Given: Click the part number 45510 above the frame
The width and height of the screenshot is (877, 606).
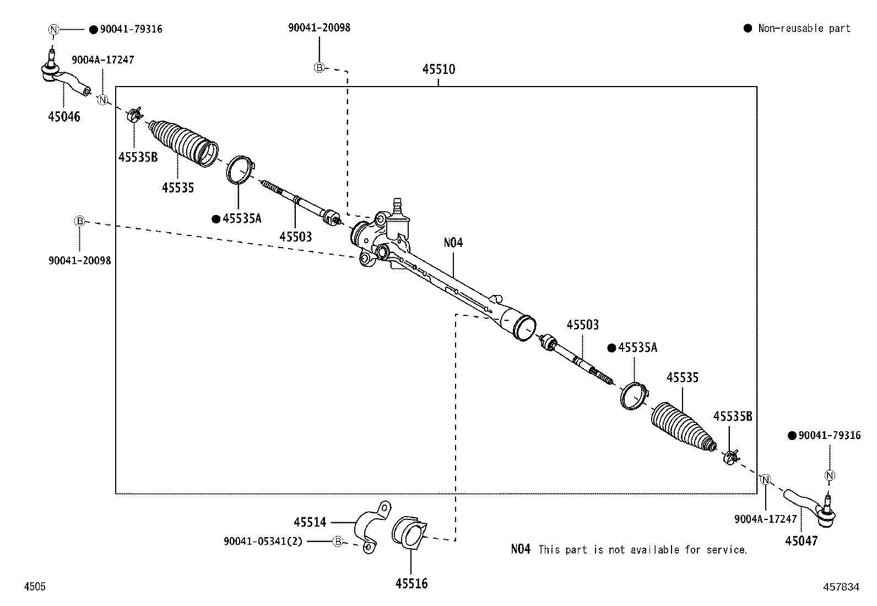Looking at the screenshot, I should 438,69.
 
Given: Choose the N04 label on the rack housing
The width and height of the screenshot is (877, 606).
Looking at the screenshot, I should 453,242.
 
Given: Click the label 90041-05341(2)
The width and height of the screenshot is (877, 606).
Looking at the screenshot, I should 263,541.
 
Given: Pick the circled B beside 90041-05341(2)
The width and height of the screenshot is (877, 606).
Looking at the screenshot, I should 338,541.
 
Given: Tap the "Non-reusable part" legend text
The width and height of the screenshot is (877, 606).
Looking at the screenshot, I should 804,28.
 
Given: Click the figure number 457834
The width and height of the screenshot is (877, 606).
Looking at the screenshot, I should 841,587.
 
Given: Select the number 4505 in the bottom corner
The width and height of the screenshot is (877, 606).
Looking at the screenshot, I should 34,587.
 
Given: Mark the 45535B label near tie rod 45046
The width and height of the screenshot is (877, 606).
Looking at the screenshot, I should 138,157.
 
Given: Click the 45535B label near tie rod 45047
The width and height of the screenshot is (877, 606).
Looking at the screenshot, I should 732,416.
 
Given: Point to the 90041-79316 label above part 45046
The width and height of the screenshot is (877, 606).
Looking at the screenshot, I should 131,29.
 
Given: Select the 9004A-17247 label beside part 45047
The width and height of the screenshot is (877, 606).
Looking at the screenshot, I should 765,519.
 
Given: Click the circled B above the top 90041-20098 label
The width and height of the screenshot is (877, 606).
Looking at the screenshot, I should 319,68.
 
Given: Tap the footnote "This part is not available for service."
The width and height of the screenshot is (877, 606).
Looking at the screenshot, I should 642,550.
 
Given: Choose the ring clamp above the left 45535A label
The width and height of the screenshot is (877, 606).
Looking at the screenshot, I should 240,168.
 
